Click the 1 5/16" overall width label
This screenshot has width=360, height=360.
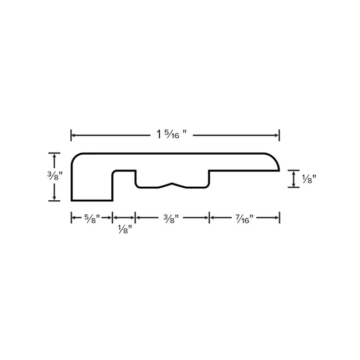[x=172, y=134]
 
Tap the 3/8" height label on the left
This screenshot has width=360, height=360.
[x=55, y=176]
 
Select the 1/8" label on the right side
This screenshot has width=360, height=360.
[x=309, y=179]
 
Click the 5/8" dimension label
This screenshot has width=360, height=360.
[x=92, y=219]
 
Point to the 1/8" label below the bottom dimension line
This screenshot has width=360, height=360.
[x=125, y=229]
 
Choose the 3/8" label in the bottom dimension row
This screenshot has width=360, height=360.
[x=171, y=219]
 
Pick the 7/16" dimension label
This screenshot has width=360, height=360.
[x=244, y=219]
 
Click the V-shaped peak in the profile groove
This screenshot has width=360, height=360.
[x=172, y=183]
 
